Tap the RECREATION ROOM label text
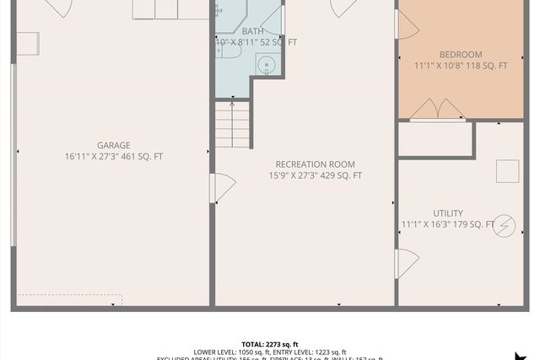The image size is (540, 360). pyautogui.click(x=316, y=164)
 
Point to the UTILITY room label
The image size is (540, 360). pyautogui.click(x=448, y=213)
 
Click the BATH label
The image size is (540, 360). pyautogui.click(x=253, y=31)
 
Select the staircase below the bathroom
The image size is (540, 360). pyautogui.click(x=233, y=124)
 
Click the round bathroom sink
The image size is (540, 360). pyautogui.click(x=266, y=64)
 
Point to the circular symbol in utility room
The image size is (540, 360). pyautogui.click(x=505, y=225)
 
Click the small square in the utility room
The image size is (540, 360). pyautogui.click(x=507, y=171)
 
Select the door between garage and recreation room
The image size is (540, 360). pyautogui.click(x=220, y=188)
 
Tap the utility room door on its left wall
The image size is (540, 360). pyautogui.click(x=405, y=264)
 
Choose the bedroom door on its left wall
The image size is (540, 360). pyautogui.click(x=406, y=24)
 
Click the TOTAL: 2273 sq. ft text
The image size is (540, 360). pyautogui.click(x=270, y=344)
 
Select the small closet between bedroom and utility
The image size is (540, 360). pyautogui.click(x=435, y=140)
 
